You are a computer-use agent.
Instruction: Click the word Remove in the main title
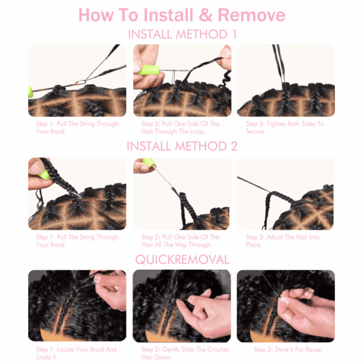252,15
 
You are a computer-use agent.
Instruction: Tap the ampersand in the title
206,15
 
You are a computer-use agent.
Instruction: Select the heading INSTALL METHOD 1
182,35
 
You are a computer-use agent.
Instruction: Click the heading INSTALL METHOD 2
182,146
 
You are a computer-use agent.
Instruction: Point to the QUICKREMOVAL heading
182,259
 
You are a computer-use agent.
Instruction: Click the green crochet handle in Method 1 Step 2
149,70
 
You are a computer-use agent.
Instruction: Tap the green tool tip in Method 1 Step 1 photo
30,92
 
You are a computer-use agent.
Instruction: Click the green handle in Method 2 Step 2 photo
149,162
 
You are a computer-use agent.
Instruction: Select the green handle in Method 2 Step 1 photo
44,175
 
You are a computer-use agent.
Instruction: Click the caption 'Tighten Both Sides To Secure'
285,127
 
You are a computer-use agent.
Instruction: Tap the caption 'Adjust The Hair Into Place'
283,241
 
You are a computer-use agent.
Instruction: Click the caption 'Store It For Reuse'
288,349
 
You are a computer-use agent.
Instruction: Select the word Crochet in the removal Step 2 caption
218,349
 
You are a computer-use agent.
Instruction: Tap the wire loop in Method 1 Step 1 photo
81,82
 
